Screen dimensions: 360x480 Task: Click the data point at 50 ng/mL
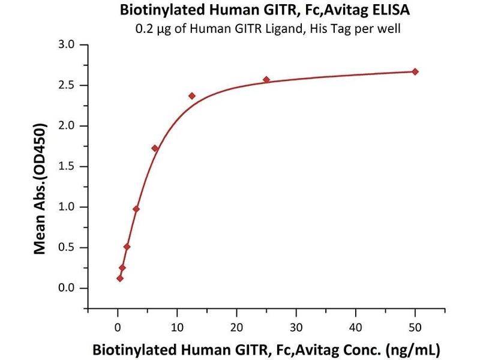point(415,71)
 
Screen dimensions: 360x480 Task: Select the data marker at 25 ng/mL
point(266,80)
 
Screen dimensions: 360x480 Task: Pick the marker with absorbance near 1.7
point(155,148)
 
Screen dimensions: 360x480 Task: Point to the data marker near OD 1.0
point(136,209)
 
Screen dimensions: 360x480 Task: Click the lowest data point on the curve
point(120,278)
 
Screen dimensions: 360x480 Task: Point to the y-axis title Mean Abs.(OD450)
point(40,188)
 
